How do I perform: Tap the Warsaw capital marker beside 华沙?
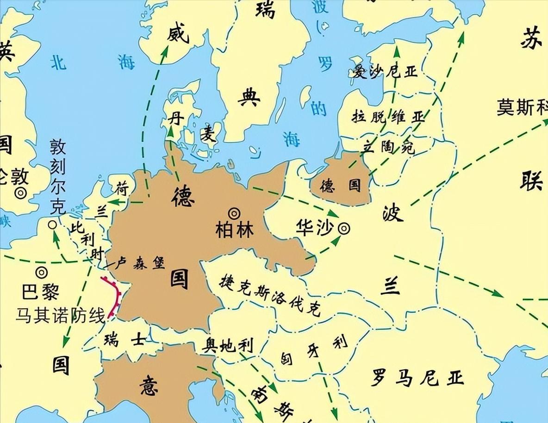(x=344, y=228)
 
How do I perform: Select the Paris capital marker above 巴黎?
(x=42, y=273)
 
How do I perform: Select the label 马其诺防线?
(x=60, y=316)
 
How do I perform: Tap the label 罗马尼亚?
(x=417, y=378)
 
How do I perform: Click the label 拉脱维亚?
(x=388, y=116)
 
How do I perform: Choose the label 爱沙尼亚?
(x=385, y=72)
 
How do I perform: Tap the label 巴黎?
(x=41, y=292)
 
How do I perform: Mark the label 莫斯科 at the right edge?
(x=522, y=107)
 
